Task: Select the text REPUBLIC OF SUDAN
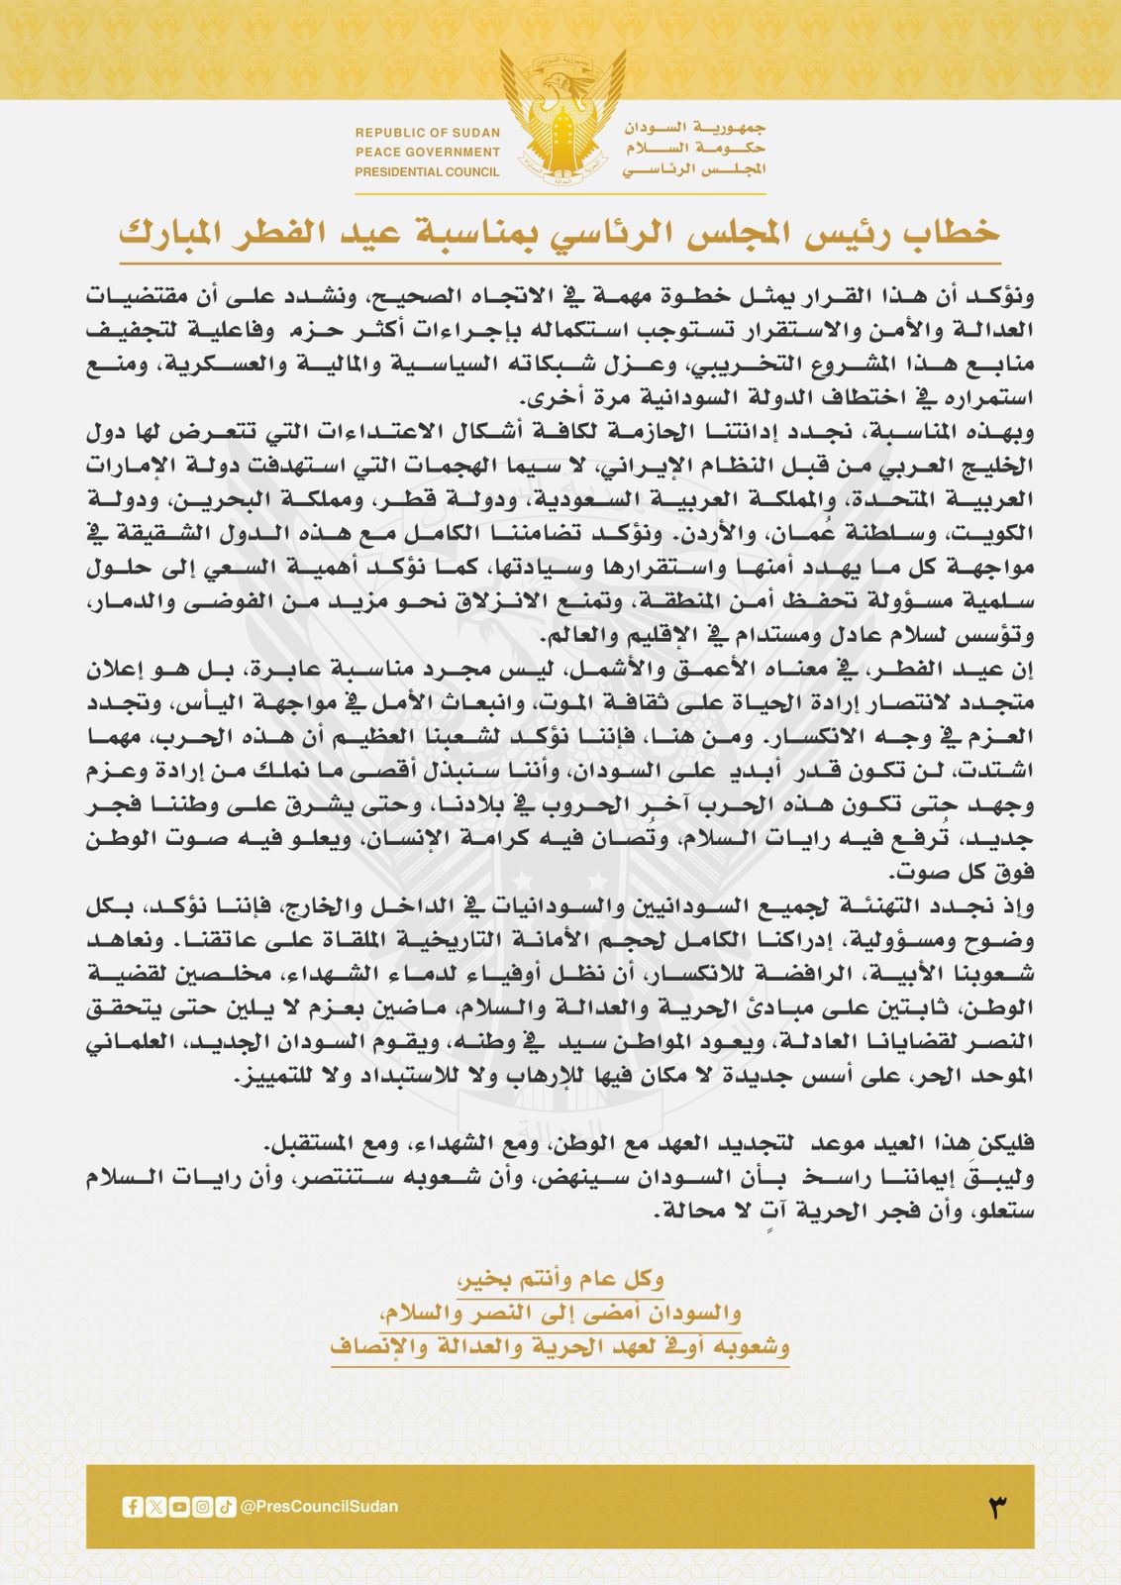click(428, 133)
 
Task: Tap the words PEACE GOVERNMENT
click(428, 153)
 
